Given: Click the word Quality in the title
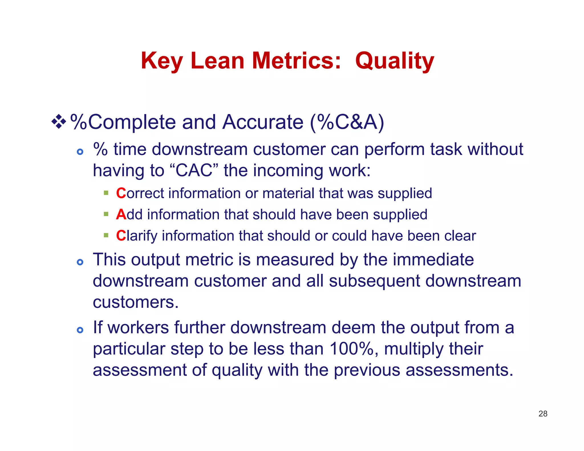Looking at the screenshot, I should (394, 61).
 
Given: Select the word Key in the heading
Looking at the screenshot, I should (162, 61).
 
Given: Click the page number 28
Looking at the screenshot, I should (543, 414).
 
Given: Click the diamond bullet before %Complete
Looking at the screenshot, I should (59, 122).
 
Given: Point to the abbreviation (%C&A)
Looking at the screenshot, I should (347, 122).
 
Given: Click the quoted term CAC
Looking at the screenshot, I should (194, 170).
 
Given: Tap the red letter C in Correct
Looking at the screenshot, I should (121, 193).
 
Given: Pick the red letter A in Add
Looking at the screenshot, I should (121, 214).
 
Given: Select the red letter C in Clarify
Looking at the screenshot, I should (121, 236).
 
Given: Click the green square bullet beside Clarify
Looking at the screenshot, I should (106, 235).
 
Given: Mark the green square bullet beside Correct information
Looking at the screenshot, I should (106, 193).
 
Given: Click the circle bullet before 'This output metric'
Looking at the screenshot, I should (80, 262).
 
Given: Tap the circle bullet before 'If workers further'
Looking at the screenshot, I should (80, 330).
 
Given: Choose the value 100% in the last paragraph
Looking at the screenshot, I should (351, 349).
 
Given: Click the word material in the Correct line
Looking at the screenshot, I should (288, 193).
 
